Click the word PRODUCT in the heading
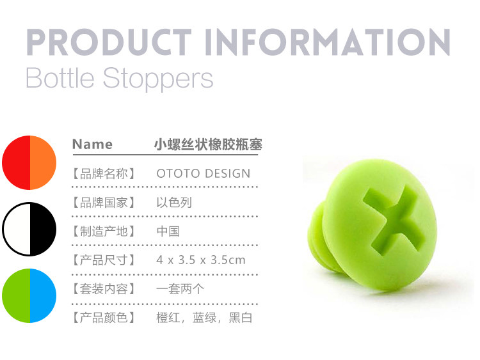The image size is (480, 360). click(109, 42)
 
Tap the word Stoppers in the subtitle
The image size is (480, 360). click(157, 79)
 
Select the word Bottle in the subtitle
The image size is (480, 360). click(60, 77)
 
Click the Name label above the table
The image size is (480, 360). click(92, 144)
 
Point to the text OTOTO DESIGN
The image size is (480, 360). click(204, 173)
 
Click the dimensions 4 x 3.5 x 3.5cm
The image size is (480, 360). click(201, 260)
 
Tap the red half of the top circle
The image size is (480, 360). click(16, 162)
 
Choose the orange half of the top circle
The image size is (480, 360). click(43, 162)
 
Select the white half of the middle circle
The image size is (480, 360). click(17, 229)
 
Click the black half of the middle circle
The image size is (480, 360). click(43, 229)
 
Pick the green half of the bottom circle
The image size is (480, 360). click(16, 295)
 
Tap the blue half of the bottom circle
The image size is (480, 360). click(43, 295)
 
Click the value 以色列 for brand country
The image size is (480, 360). click(174, 203)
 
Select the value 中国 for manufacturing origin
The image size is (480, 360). click(168, 231)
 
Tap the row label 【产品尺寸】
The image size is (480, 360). click(104, 260)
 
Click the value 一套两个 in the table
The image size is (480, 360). click(180, 289)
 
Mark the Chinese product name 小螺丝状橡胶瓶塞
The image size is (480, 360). click(208, 145)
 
